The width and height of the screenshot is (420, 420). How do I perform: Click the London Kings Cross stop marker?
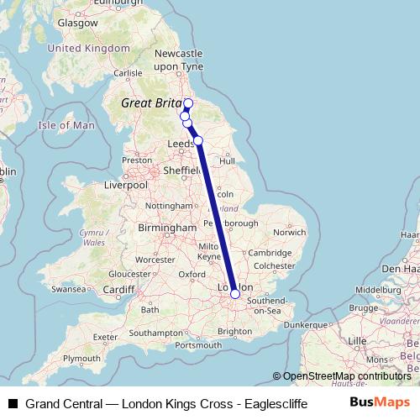pyautogui.click(x=235, y=294)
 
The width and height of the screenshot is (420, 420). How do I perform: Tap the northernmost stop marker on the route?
pyautogui.click(x=187, y=104)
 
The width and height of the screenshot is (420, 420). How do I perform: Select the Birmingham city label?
pyautogui.click(x=168, y=228)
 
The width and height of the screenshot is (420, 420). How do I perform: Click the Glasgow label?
pyautogui.click(x=78, y=24)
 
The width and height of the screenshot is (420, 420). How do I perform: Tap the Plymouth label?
pyautogui.click(x=81, y=358)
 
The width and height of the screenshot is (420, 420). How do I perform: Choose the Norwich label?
pyautogui.click(x=289, y=232)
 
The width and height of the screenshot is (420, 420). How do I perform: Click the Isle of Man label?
pyautogui.click(x=67, y=125)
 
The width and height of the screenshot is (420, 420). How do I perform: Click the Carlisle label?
pyautogui.click(x=129, y=73)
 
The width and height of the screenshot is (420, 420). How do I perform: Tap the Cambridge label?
pyautogui.click(x=269, y=253)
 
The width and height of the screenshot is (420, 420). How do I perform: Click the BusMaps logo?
pyautogui.click(x=380, y=402)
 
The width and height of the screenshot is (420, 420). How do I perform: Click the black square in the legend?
pyautogui.click(x=13, y=403)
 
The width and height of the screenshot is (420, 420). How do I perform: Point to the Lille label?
pyautogui.click(x=358, y=340)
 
